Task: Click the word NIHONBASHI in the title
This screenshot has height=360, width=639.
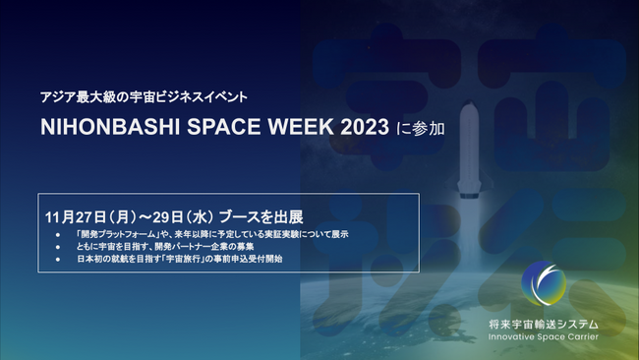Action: [x=105, y=128]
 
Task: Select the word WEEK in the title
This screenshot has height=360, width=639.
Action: [x=288, y=128]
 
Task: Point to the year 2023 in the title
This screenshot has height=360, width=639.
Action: [x=352, y=128]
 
